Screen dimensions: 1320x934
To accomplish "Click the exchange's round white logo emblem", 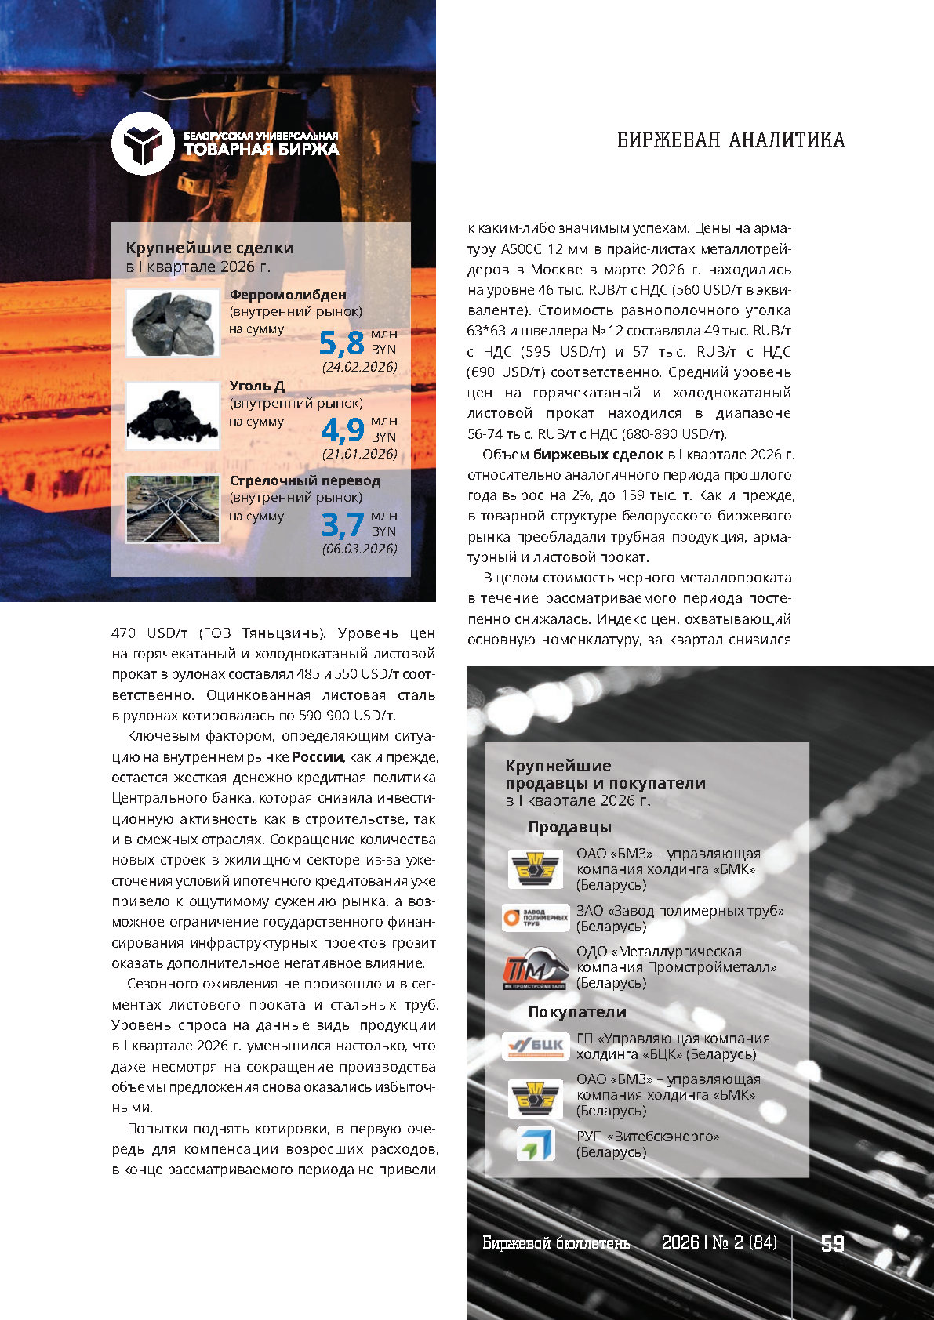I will coord(142,143).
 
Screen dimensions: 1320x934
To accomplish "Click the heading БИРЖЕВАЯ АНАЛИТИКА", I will coord(731,140).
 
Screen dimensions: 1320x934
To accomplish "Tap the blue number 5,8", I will coord(342,343).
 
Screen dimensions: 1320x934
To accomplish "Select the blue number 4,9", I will coord(343,430).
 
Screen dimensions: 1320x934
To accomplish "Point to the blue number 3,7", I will coord(343,524).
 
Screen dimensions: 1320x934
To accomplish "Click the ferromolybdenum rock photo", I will coord(173,323).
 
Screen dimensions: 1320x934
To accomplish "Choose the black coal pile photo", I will coord(173,415).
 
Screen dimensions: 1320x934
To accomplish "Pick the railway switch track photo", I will coord(173,509).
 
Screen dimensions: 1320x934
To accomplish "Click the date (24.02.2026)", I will coord(359,367).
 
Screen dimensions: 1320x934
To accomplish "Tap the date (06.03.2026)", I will coord(359,549).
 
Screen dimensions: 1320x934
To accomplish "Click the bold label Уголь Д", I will coord(256,386).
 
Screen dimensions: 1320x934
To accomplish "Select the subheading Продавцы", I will coord(569,828).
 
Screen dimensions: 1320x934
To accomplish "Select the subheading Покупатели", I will coord(576,1012).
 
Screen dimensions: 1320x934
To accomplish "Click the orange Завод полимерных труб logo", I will coord(536,917).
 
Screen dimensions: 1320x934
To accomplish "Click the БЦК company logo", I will coord(536,1046).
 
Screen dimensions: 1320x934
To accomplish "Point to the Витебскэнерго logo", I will coord(536,1144).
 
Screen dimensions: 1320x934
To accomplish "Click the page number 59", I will coord(832,1244).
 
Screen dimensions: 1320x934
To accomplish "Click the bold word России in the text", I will coord(318,757).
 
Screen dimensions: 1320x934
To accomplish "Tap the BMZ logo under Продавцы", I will coord(536,869).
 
